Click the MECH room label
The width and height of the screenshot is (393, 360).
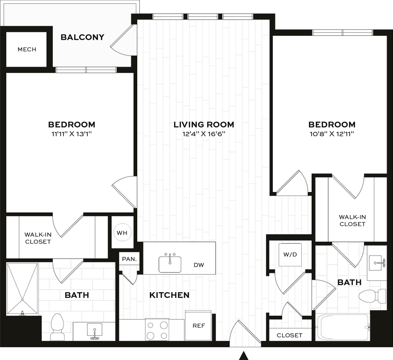click(x=27, y=49)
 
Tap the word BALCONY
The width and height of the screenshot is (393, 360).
click(x=82, y=37)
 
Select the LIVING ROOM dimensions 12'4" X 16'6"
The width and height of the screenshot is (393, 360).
click(x=204, y=134)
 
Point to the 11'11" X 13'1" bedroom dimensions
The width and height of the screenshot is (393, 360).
click(x=72, y=134)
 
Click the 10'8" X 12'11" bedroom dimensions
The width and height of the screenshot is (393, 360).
click(x=332, y=134)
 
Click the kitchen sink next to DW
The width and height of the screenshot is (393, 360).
click(x=170, y=264)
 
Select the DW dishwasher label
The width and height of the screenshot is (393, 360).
click(x=199, y=265)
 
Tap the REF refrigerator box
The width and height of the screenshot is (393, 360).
click(x=199, y=325)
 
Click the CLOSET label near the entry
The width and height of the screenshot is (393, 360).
click(x=289, y=335)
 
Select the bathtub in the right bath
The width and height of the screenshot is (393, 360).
click(x=342, y=327)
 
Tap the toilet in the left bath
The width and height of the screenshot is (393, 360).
click(x=57, y=327)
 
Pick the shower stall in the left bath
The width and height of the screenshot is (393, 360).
click(x=23, y=288)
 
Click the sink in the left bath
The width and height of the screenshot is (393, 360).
click(x=94, y=331)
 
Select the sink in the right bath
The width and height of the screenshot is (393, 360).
click(x=377, y=263)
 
